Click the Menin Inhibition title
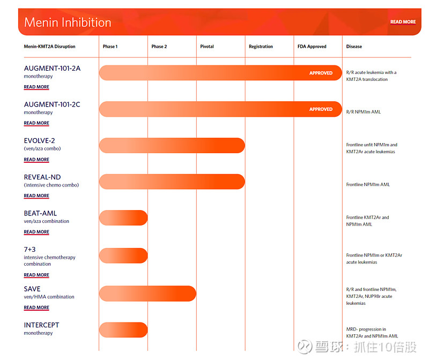point(68,22)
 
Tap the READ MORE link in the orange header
point(403,22)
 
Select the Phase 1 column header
point(110,47)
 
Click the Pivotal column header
point(207,47)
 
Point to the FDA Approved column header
point(312,47)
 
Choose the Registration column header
point(261,47)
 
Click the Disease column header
point(354,47)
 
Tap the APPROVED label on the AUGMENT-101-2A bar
point(321,73)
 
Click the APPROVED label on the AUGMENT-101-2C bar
point(321,109)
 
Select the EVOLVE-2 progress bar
point(172,145)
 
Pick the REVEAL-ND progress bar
point(172,182)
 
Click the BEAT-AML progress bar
point(123,217)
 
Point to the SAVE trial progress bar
point(147,293)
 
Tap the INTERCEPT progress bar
point(123,329)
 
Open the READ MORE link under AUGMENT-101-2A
point(36,87)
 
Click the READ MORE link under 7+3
point(36,275)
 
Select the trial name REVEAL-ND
point(42,177)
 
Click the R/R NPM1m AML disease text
point(364,112)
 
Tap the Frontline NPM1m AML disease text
point(368,185)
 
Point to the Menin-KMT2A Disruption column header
point(49,47)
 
